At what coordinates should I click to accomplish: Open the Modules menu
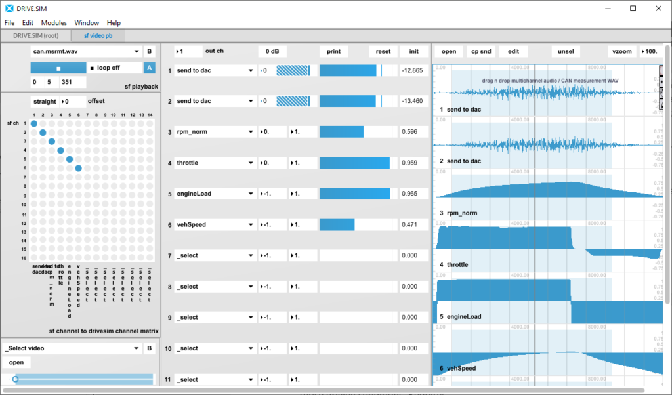tap(54, 22)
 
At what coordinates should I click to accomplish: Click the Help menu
tap(114, 22)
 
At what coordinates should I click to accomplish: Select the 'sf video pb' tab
tap(96, 35)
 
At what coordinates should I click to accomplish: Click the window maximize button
tap(633, 9)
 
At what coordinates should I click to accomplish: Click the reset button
tap(383, 51)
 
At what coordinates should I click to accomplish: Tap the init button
tap(413, 51)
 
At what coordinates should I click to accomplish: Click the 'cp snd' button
tap(480, 51)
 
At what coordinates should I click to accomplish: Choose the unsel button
tap(565, 51)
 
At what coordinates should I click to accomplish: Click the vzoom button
tap(621, 51)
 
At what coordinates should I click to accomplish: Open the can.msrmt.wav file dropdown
tap(86, 51)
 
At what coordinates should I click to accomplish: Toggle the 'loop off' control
tap(114, 68)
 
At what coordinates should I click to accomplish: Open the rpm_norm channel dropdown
tap(215, 132)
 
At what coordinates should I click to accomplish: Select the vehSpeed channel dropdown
tap(215, 225)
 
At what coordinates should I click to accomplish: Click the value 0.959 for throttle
tap(413, 163)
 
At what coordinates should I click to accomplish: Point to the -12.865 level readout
tap(413, 70)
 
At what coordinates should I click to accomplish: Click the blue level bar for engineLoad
tap(354, 194)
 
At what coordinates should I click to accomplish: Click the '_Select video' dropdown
tap(72, 348)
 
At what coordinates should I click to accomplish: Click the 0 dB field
tap(272, 51)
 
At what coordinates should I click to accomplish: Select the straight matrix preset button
tap(44, 102)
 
